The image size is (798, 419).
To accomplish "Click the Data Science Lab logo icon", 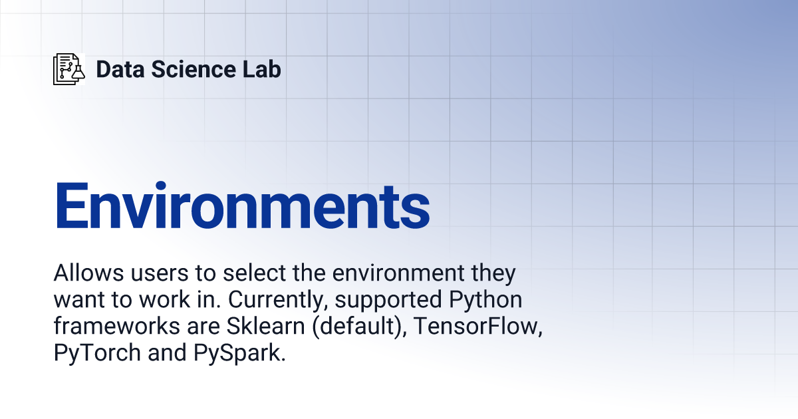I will click(69, 69).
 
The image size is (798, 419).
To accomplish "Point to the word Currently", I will click(277, 300).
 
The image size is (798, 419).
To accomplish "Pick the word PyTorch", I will click(97, 353).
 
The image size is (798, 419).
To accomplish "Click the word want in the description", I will click(80, 300).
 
